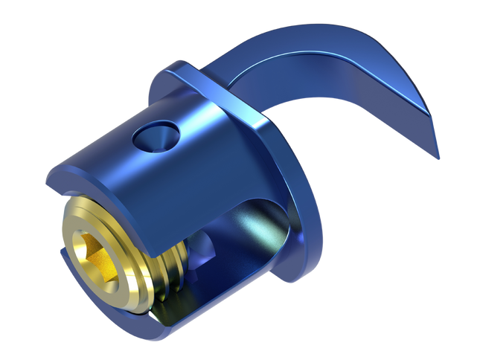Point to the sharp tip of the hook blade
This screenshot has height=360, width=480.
click(438, 157)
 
